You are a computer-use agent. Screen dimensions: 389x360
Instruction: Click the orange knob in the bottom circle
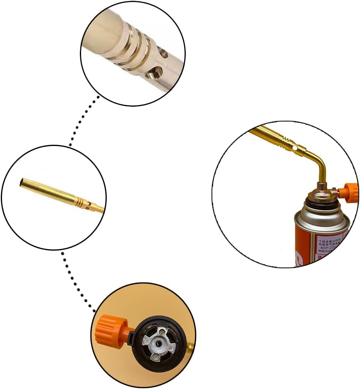pos(108,330)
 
